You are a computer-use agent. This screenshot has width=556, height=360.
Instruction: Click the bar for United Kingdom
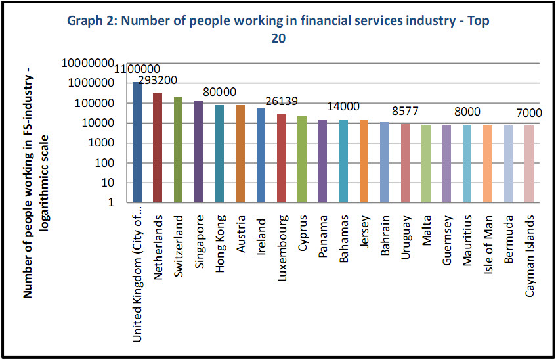pyautogui.click(x=137, y=142)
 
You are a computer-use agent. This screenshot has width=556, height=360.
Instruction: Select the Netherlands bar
pyautogui.click(x=158, y=147)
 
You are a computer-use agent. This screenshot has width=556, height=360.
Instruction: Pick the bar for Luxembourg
pyautogui.click(x=282, y=158)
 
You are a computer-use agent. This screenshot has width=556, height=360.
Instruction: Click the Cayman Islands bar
pyautogui.click(x=530, y=164)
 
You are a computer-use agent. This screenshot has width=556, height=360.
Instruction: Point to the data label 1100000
pyautogui.click(x=138, y=70)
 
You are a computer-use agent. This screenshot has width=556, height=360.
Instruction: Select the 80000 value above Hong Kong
pyautogui.click(x=219, y=92)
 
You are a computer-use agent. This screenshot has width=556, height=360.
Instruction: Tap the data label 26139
pyautogui.click(x=282, y=101)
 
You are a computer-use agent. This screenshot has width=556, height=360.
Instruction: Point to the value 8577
pyautogui.click(x=406, y=111)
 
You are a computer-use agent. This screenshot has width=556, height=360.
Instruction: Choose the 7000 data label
pyautogui.click(x=529, y=113)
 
